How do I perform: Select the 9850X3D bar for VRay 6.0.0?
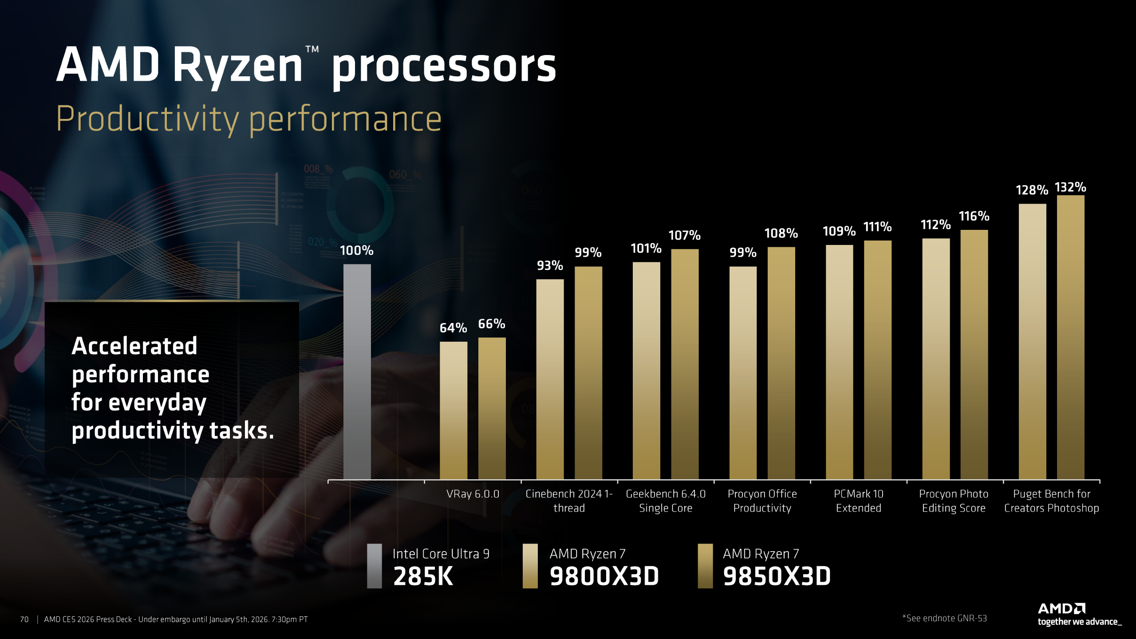tap(492, 408)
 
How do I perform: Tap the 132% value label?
tap(1070, 187)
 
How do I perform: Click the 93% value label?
tap(549, 265)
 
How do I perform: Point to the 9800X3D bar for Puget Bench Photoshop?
tap(1032, 342)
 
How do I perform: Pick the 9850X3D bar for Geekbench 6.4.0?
tap(684, 364)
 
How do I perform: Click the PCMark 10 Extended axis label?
tap(858, 501)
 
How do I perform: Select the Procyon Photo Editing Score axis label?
tap(954, 501)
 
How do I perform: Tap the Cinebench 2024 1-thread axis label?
tap(569, 501)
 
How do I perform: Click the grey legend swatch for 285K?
tap(374, 566)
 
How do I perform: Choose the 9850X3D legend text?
tap(777, 576)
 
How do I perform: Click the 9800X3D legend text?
tap(604, 576)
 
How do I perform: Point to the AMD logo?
tap(1061, 608)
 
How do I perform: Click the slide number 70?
tap(24, 619)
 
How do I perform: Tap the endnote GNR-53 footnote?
tap(944, 618)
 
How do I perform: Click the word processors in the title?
tap(443, 67)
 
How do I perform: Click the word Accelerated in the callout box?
tap(134, 346)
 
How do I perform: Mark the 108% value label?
tap(781, 233)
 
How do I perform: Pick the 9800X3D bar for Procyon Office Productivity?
tap(743, 373)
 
